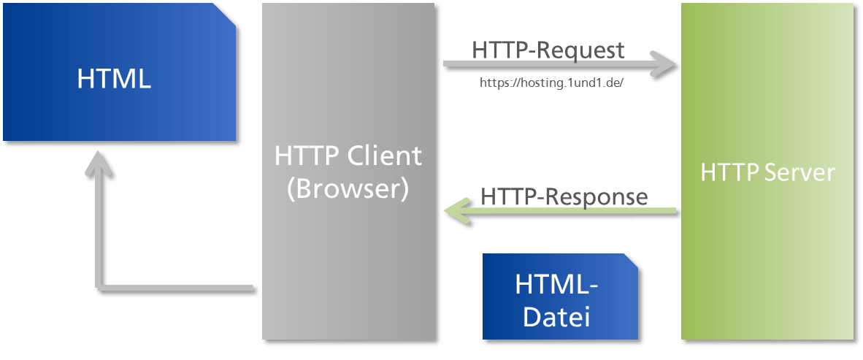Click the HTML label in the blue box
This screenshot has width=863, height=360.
coord(114,79)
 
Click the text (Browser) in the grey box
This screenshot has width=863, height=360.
coord(348,189)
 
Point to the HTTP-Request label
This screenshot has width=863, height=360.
coord(548,50)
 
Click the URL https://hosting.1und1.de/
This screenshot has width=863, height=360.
coord(551,83)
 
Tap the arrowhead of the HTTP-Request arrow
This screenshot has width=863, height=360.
coord(663,65)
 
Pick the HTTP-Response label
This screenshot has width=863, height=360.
coord(564,196)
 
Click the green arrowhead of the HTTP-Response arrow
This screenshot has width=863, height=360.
coord(457,211)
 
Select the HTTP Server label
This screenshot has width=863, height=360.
coord(768,172)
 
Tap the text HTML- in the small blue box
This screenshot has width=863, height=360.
coord(556,284)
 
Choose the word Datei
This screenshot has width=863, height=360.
coord(556,317)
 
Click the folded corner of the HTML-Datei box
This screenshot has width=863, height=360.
coord(630,261)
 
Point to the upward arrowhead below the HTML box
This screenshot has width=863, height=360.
coord(99,163)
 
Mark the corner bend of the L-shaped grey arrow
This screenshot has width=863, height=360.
coord(99,287)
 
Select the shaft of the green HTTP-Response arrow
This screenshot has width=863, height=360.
coord(572,211)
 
